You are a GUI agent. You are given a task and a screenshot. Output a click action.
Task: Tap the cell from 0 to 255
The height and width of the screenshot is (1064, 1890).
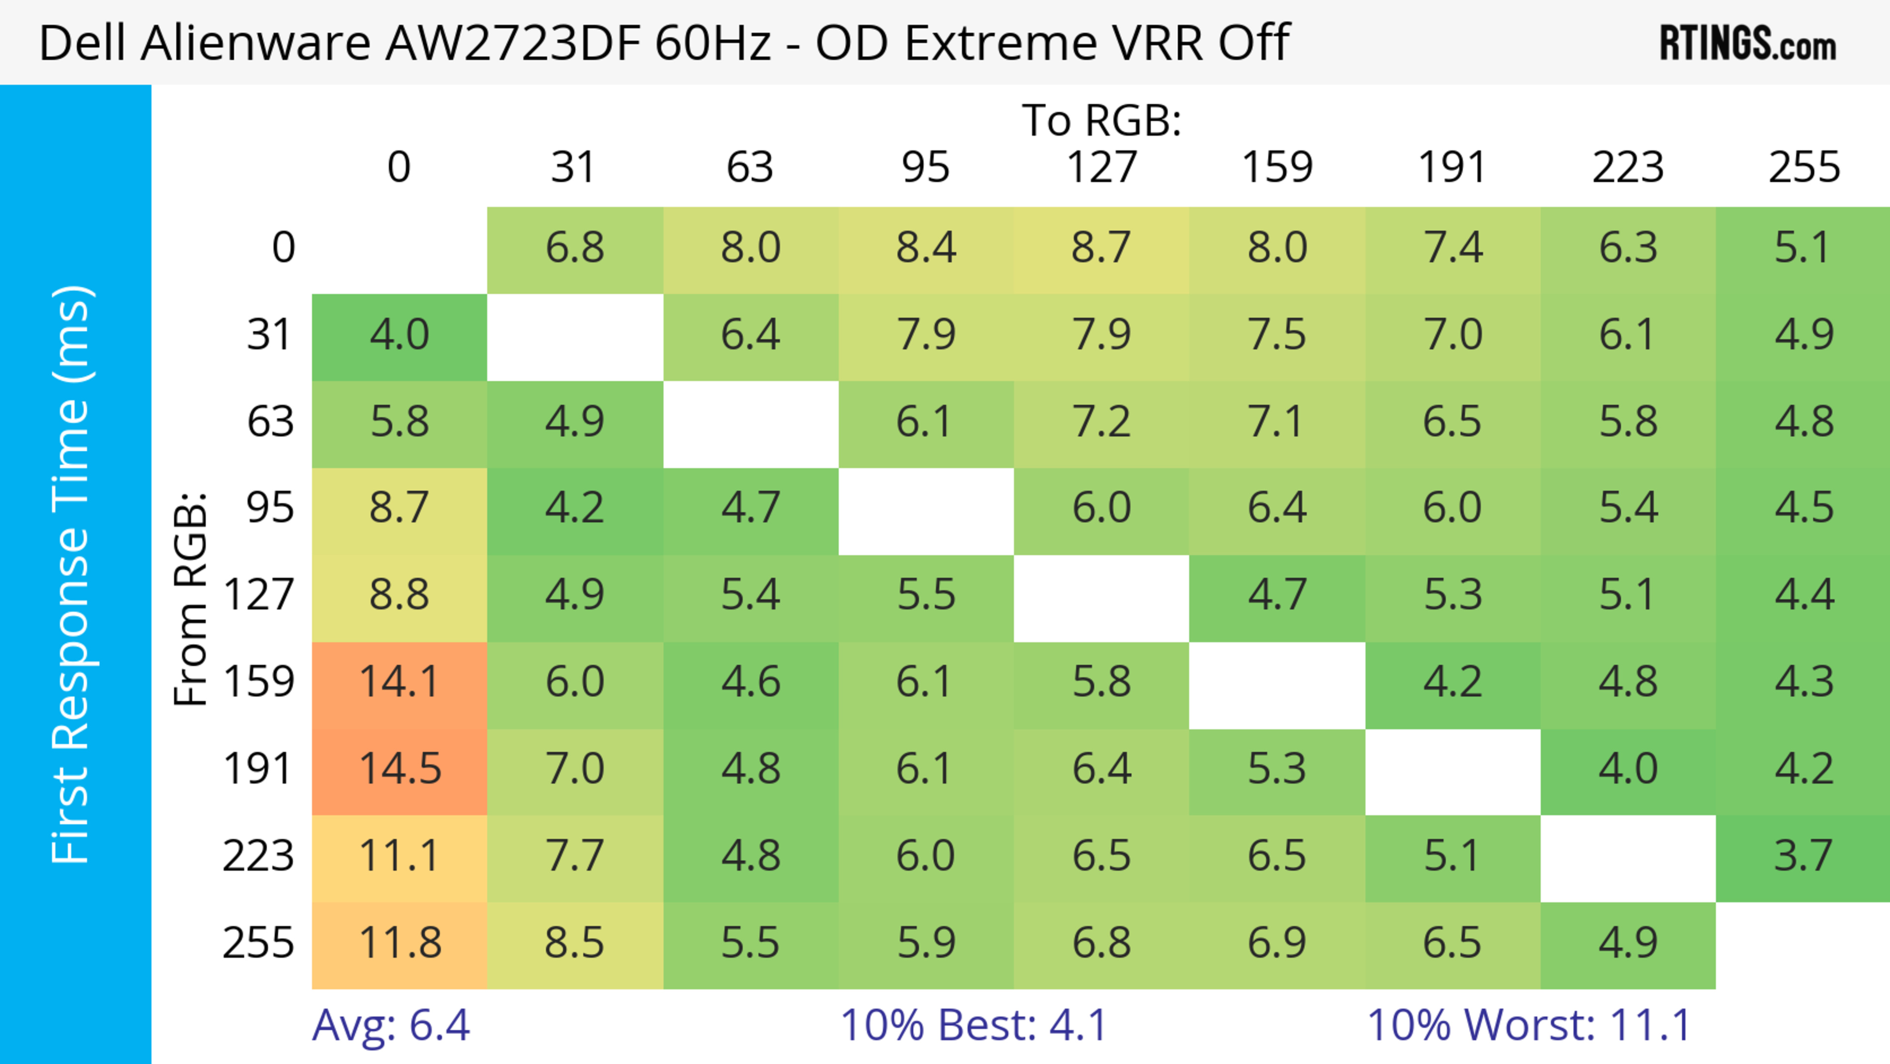click(x=1803, y=249)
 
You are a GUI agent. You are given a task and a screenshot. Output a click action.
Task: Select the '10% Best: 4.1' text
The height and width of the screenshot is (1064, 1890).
click(x=973, y=1025)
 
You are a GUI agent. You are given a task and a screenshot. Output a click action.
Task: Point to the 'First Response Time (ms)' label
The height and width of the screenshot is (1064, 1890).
click(x=71, y=574)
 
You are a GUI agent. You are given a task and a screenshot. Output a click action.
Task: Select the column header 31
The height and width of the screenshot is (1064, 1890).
click(x=573, y=168)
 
